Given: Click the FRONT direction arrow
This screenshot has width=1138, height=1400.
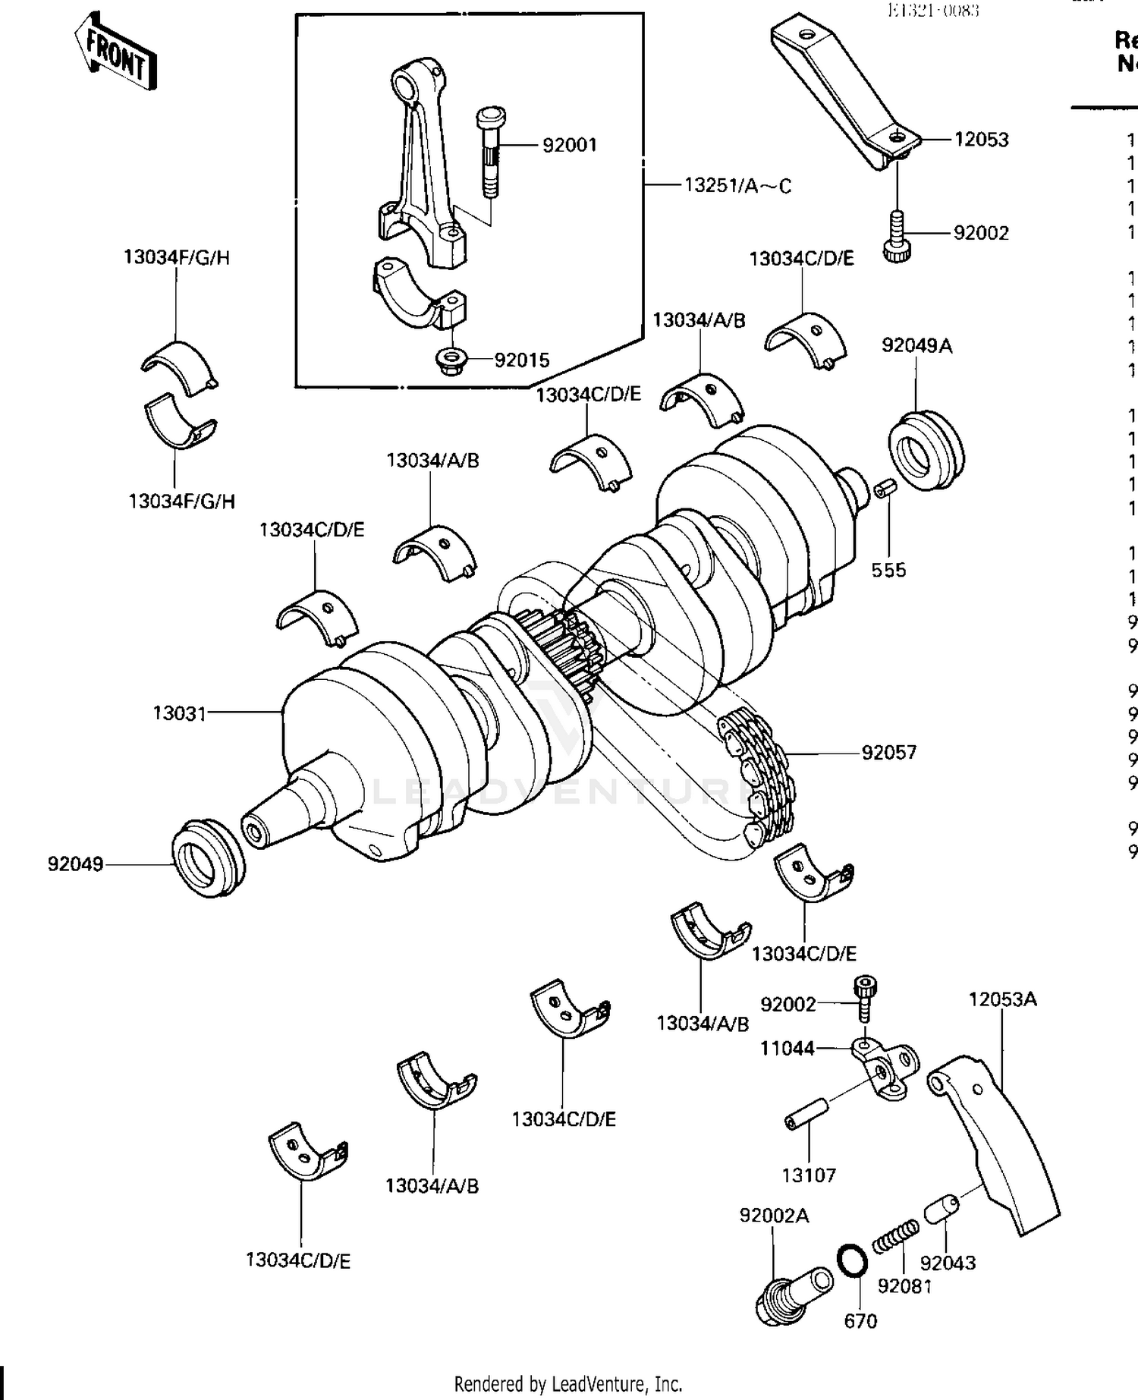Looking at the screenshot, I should click(115, 52).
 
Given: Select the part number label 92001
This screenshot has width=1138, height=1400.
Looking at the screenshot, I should click(570, 144).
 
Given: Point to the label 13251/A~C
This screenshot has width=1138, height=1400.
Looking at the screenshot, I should click(737, 185).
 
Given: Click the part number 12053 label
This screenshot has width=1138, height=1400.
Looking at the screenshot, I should click(981, 139).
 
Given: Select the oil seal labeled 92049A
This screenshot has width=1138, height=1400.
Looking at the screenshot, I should click(926, 451).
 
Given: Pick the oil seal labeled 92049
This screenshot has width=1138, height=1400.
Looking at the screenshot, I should click(209, 858).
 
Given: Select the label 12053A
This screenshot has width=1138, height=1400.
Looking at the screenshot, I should click(1001, 999).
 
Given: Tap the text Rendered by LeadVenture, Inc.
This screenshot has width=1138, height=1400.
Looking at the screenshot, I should click(568, 1383).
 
